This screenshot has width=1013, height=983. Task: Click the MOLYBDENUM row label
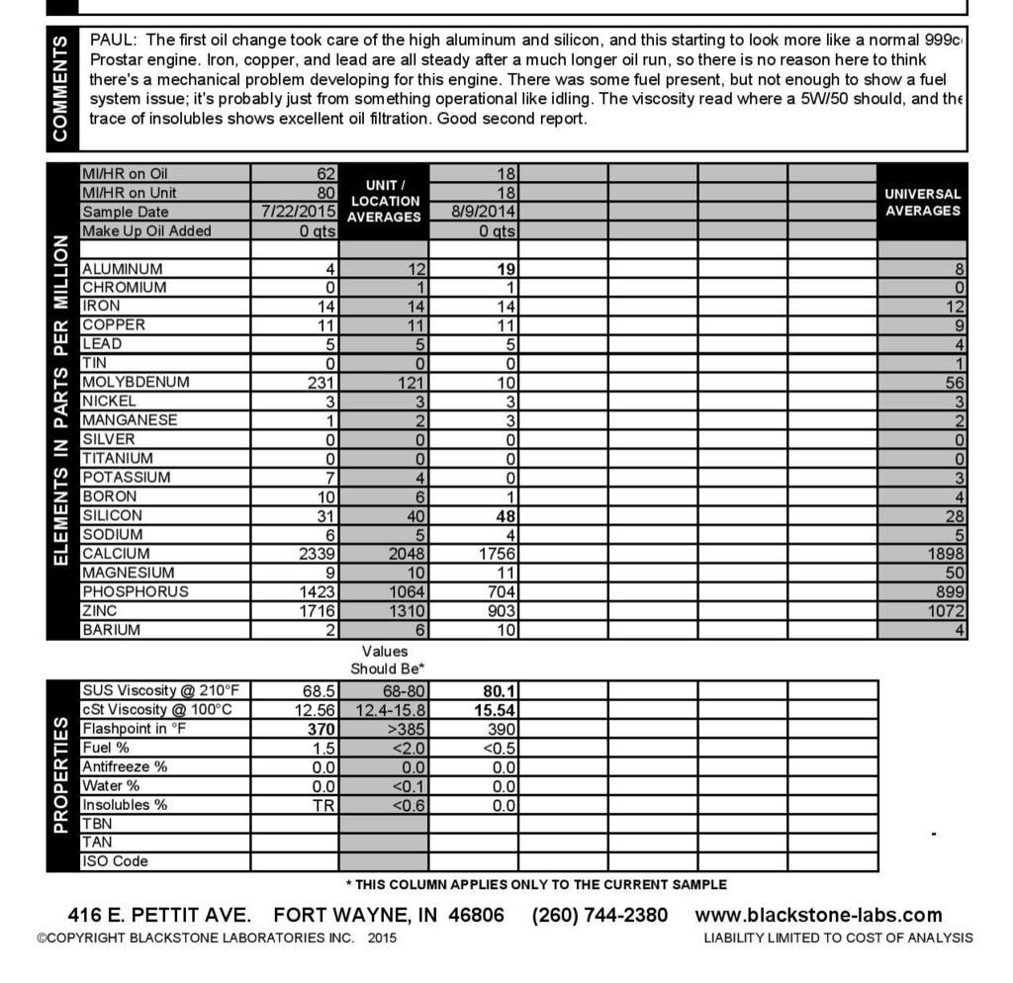coord(136,383)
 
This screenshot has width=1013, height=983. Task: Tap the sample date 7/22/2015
coord(300,212)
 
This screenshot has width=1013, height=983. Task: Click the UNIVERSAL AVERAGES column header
coord(922,203)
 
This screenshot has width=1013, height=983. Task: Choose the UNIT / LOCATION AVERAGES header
coord(384,201)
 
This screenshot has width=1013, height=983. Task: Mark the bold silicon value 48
coord(504,515)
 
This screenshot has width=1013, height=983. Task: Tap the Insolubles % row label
coord(125,805)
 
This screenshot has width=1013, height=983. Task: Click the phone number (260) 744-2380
coord(599,915)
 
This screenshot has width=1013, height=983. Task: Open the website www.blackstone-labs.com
coord(818,915)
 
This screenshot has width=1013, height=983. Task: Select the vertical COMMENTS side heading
coord(61,87)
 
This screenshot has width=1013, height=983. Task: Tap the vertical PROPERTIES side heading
coord(61,776)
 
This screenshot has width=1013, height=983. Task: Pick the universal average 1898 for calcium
coord(947,554)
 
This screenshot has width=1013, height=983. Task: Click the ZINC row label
coord(101,611)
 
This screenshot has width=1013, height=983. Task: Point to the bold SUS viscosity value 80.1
coord(499,691)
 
